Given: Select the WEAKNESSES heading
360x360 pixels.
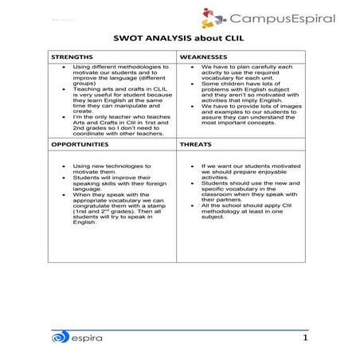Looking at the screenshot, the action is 204,58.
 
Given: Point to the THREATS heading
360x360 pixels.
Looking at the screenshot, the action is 196,145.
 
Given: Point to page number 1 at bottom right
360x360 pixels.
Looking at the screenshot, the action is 305,338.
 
